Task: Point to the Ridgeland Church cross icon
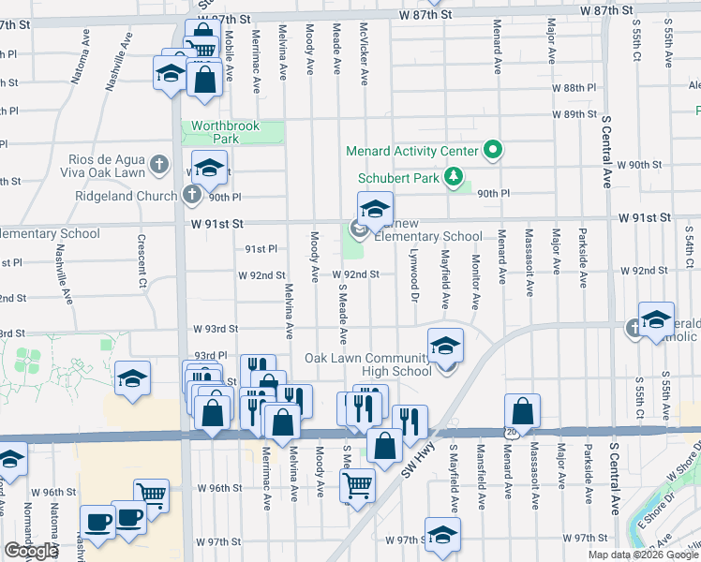(192, 196)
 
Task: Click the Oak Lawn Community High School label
(368, 364)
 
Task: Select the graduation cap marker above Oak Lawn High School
(445, 347)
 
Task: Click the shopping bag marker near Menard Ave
(522, 412)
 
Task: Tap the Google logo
(31, 551)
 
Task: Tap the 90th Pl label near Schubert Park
(493, 193)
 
